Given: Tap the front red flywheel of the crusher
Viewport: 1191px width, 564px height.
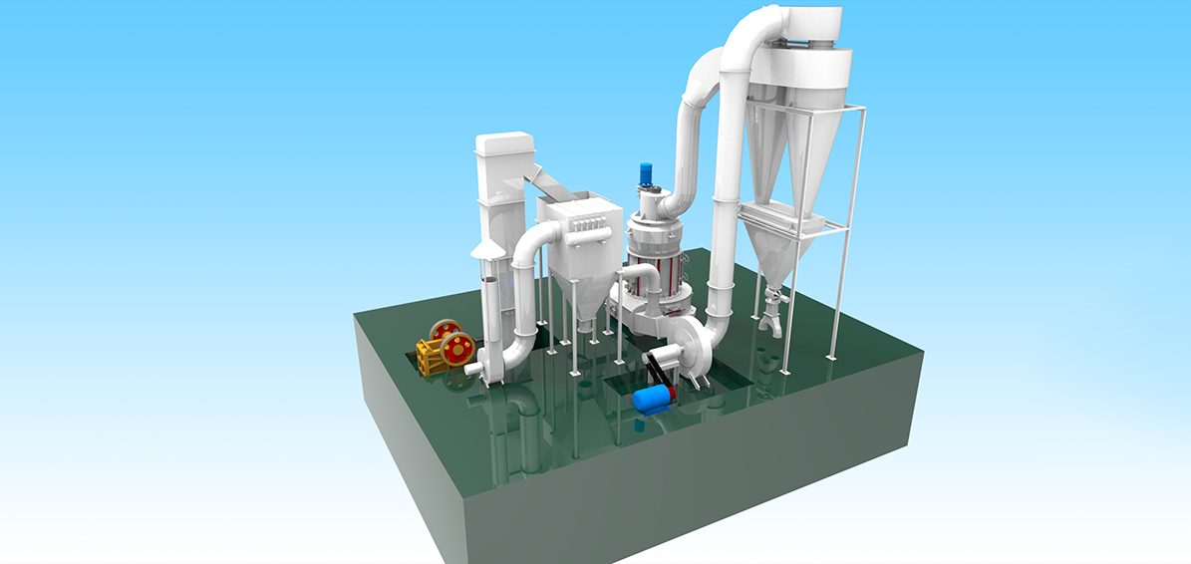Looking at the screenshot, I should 457,349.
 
